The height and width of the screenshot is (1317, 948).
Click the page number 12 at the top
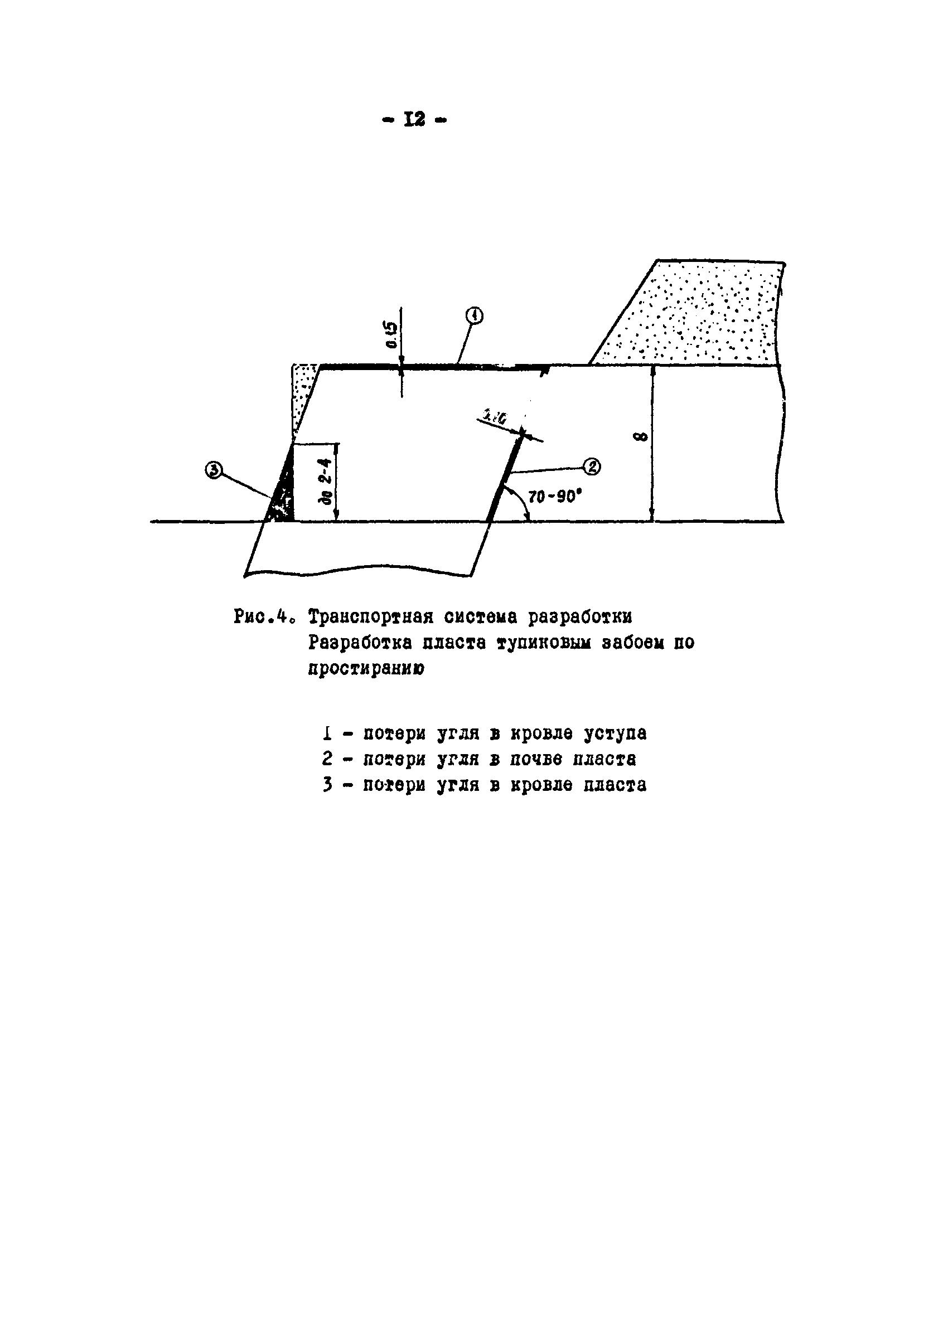coord(415,120)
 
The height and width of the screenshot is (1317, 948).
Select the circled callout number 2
coord(592,466)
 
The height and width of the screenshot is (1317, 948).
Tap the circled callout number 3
coord(214,469)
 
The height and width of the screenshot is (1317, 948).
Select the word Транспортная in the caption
coord(371,616)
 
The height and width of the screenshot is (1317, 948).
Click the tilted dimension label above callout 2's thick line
coord(494,416)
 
